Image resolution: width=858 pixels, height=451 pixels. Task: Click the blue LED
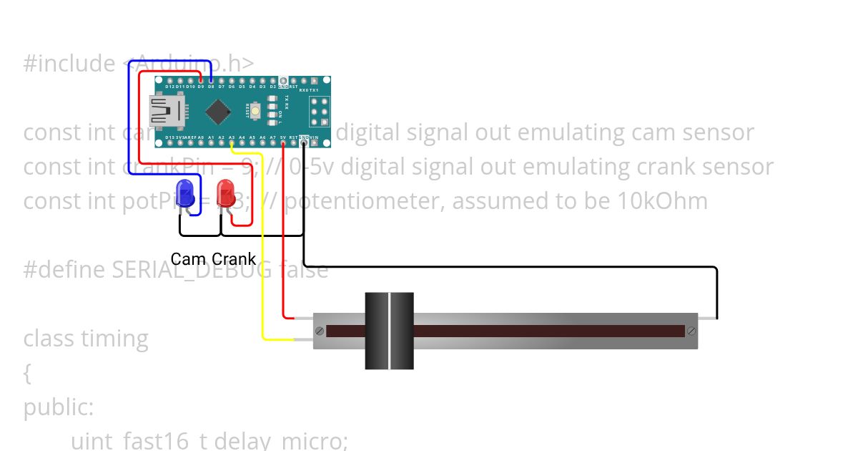(x=186, y=193)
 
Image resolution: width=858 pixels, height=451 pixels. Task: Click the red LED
(x=226, y=193)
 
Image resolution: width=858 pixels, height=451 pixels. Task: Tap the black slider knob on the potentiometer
(x=389, y=331)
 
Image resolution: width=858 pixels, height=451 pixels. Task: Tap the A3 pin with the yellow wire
(x=232, y=142)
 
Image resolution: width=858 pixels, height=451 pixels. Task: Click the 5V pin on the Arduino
(x=283, y=142)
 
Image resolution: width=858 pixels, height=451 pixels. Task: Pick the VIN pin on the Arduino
(x=314, y=142)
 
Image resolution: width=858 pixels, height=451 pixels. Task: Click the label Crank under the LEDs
(x=234, y=259)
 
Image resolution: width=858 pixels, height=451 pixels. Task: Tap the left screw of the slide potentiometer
(x=320, y=331)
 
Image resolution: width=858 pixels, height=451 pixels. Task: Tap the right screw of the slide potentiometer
(x=691, y=331)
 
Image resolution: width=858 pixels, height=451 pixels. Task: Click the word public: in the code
(x=59, y=407)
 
